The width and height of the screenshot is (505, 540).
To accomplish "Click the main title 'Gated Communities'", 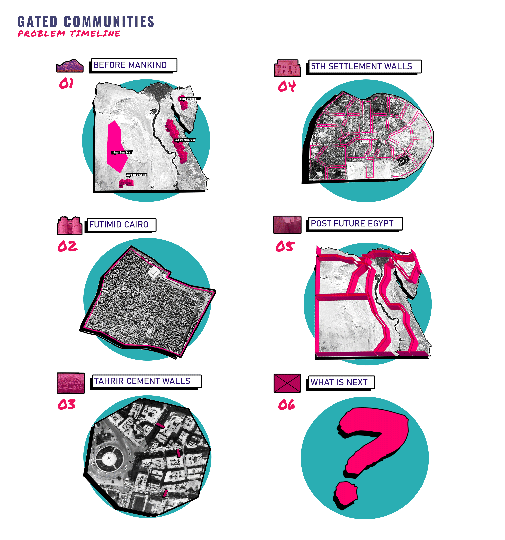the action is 86,22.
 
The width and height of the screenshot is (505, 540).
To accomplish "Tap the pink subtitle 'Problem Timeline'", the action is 69,34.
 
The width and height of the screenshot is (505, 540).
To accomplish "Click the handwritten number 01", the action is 66,83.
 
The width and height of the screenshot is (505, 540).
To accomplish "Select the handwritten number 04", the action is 287,86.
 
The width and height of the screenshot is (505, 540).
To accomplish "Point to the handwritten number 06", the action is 286,405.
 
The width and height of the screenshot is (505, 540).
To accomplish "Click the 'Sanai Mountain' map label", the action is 188,99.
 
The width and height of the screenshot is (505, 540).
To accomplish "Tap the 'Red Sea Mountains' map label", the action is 185,140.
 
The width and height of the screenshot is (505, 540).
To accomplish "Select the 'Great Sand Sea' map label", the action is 121,152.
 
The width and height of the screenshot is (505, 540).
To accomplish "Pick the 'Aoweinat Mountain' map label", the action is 136,175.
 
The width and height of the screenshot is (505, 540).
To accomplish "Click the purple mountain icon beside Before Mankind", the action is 70,66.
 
